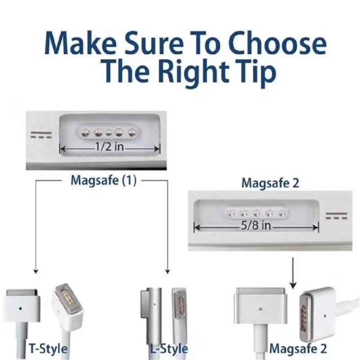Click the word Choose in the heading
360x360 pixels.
277,43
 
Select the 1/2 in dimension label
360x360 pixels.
109,147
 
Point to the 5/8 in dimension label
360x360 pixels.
256,225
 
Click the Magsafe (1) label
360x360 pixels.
103,180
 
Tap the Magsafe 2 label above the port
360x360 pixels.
270,183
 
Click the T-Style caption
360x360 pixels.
48,348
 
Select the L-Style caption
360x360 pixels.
169,349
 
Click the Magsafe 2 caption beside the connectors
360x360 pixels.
298,348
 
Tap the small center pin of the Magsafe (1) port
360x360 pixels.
108,132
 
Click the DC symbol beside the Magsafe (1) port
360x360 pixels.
41,135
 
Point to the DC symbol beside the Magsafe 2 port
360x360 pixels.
336,216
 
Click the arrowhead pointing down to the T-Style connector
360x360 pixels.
36,271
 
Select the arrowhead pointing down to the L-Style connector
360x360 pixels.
167,271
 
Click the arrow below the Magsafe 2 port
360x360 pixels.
293,273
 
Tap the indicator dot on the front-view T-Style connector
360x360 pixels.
20,309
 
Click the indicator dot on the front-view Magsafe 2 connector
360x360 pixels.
260,309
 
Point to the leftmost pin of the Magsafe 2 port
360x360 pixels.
231,214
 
